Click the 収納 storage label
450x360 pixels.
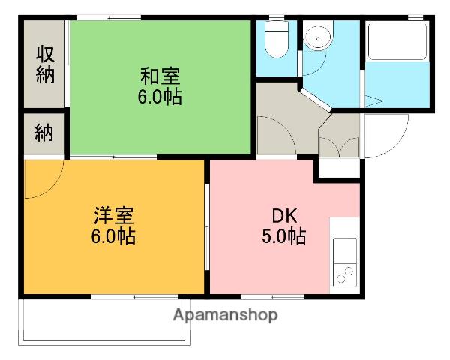[x=45, y=64]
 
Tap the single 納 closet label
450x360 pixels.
[x=45, y=135]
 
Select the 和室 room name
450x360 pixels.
[x=160, y=76]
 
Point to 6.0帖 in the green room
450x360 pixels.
[x=160, y=97]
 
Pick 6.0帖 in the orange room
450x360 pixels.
[x=114, y=238]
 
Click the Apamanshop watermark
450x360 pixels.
[x=226, y=315]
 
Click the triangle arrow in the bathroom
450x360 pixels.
[x=375, y=100]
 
